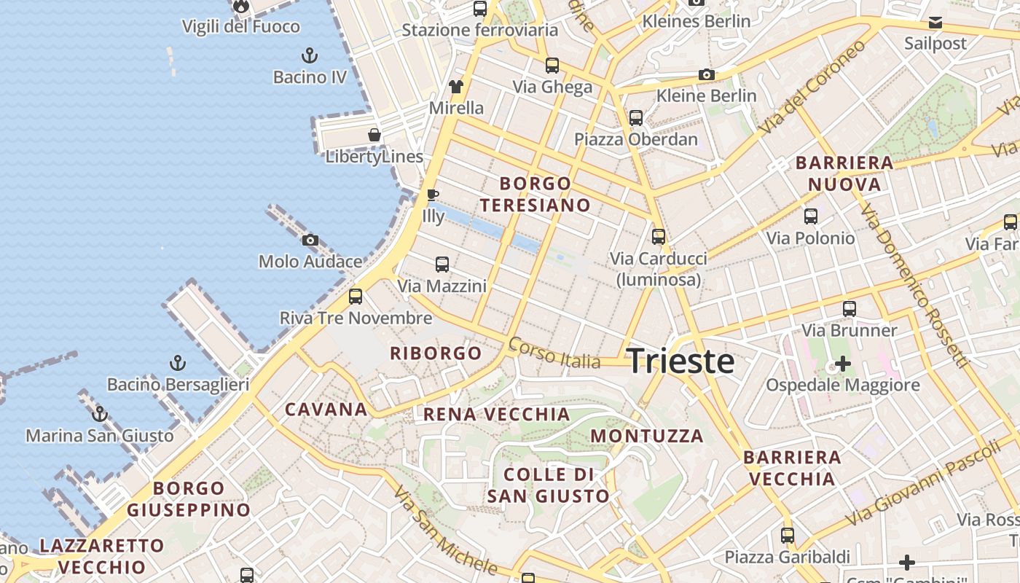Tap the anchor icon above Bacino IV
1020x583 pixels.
(310, 55)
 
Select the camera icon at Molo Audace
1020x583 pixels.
(310, 240)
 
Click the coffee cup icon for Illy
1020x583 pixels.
(432, 195)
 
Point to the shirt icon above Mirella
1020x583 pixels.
(456, 87)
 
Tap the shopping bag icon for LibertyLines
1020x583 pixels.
(374, 135)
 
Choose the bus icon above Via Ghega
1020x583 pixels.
(552, 66)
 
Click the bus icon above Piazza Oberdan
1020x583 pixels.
(636, 117)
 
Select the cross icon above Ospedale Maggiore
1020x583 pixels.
(843, 363)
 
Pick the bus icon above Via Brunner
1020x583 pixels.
(850, 308)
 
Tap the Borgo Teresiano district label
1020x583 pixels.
(535, 194)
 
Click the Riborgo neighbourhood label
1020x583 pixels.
(436, 353)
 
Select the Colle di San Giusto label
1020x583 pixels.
(548, 485)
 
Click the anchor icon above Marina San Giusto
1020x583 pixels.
(100, 414)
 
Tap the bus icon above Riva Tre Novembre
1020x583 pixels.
(356, 296)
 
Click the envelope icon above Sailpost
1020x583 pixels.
(935, 23)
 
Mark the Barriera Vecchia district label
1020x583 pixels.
(792, 468)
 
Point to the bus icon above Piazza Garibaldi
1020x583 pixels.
(788, 536)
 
